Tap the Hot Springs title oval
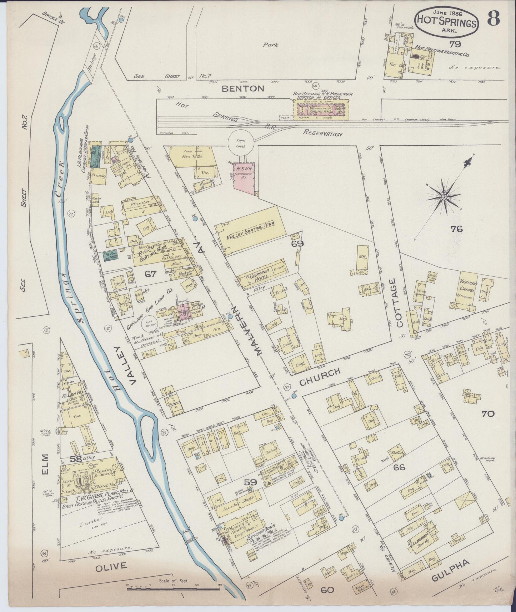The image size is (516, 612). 446,22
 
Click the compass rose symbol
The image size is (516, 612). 444,197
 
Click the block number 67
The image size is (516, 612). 151,274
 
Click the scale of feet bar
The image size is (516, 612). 173,588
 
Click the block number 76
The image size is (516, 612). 456,229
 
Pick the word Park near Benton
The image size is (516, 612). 270,45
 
